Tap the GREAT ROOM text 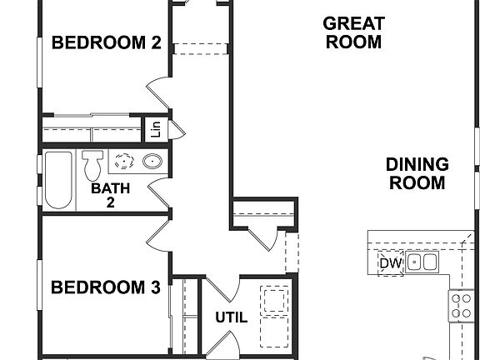point(352,32)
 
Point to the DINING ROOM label point(417,173)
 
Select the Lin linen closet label point(155,129)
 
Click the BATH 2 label point(110,194)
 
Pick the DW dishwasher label point(390,264)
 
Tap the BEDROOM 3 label point(105,288)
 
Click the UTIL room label point(231,317)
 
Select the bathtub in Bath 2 point(59,179)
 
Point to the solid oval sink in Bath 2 point(152,162)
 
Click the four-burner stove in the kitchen point(462,305)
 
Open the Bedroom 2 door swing point(160,92)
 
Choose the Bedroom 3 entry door point(160,234)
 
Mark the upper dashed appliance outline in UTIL point(274,298)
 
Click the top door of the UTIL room point(222,290)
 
